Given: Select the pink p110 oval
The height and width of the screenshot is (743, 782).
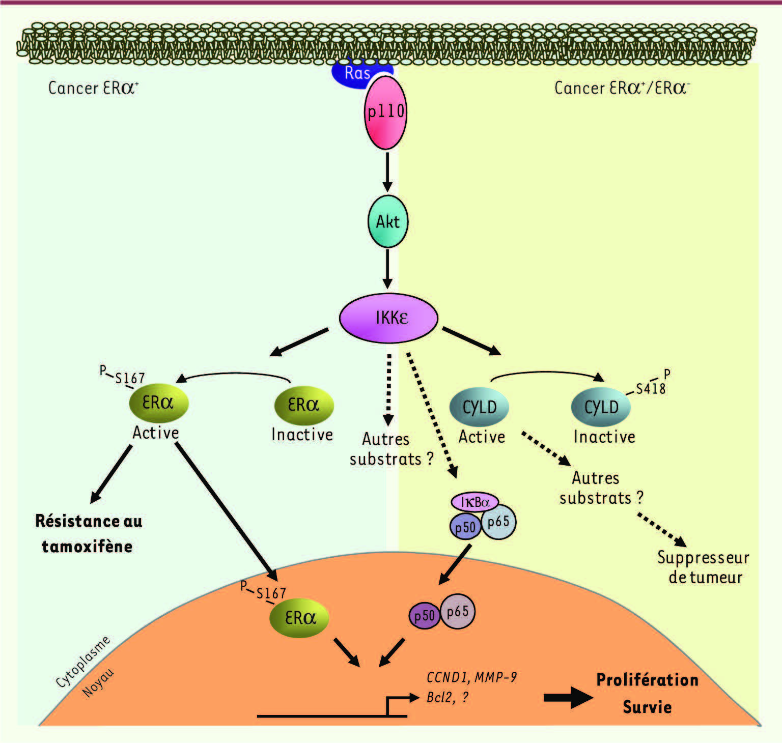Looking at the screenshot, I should pos(386,112).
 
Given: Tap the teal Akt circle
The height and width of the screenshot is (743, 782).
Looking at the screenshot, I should pos(388,222).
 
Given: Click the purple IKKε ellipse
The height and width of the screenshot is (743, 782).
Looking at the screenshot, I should pos(388,318).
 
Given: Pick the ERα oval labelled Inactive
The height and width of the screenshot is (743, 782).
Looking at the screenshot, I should pos(304,405).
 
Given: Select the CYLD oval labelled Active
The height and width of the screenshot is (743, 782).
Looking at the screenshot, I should pos(479,407).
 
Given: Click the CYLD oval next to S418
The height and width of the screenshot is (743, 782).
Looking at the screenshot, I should pos(601,407).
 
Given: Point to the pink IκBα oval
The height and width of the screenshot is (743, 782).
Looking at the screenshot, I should pos(474,502).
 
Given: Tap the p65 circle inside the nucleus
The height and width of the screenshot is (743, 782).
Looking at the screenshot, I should pos(457,611).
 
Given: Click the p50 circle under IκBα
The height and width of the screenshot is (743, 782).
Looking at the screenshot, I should pos(465,527).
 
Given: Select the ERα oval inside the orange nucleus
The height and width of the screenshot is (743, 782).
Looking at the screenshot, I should pos(299,618).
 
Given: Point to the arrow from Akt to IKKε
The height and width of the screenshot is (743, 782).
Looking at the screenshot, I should pos(387,269).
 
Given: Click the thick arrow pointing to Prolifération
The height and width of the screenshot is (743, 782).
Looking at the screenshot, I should pos(568,698).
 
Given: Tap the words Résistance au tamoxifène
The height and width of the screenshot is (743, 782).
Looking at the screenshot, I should pos(88,533).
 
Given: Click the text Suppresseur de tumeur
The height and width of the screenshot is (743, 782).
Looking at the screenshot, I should pos(704,567).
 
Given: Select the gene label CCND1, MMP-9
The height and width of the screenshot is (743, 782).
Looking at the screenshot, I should pos(471,677).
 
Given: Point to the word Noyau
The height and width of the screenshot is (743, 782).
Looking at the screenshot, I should pos(98,683).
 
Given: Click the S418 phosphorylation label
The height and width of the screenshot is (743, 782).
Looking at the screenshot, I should pos(651,389).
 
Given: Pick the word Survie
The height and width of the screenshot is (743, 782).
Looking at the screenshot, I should pos(647,707).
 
